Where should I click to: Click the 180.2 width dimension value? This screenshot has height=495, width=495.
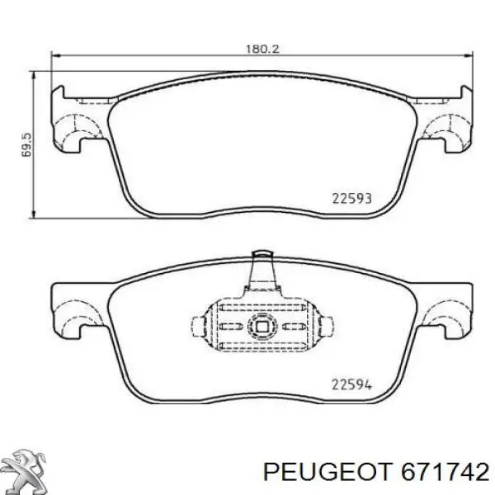[262, 49]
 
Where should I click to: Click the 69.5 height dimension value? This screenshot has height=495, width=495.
[27, 145]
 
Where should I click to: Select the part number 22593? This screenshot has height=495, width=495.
[352, 199]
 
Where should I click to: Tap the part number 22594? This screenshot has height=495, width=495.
[352, 384]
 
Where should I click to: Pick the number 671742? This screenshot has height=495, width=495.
[445, 472]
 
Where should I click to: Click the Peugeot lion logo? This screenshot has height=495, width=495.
[26, 471]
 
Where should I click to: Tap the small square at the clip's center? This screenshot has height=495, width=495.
[262, 327]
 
